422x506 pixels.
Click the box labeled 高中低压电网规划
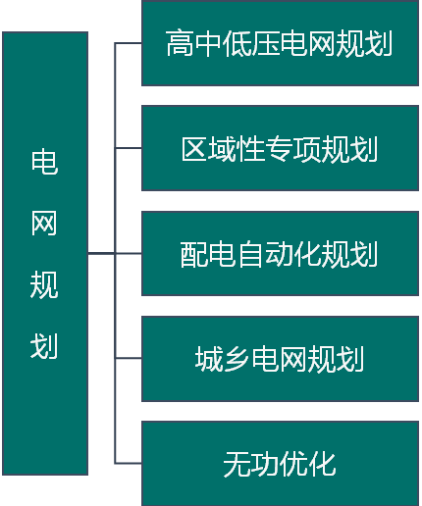click(280, 43)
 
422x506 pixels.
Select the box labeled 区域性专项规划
click(280, 148)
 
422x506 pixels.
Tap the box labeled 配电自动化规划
click(280, 254)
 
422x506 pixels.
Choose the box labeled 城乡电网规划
click(280, 359)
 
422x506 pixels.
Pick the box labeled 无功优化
click(280, 464)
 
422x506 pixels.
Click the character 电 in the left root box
click(44, 162)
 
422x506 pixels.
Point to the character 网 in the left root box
click(44, 224)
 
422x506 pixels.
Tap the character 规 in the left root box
click(44, 284)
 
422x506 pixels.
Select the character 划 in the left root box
click(44, 346)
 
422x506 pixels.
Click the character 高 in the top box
click(180, 43)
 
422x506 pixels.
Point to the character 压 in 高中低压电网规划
click(266, 43)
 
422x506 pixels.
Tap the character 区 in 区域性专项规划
click(194, 149)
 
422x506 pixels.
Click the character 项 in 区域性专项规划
click(307, 149)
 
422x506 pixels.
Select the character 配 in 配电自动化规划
click(193, 254)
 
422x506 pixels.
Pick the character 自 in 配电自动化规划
click(251, 254)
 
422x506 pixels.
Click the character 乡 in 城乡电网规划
click(237, 359)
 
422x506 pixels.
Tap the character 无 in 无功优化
click(237, 464)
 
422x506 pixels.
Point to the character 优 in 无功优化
click(294, 464)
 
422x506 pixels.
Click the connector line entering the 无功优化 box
click(129, 463)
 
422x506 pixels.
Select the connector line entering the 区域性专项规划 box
click(129, 148)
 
